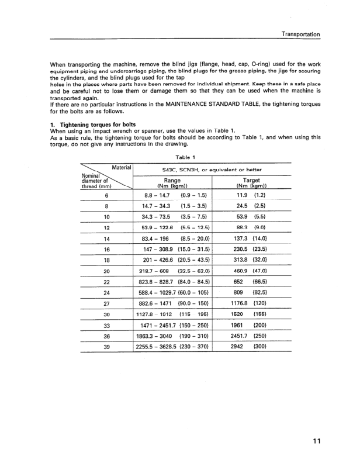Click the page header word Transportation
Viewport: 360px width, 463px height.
[x=300, y=34]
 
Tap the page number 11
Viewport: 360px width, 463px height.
[x=316, y=440]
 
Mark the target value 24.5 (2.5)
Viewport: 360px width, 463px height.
[x=251, y=206]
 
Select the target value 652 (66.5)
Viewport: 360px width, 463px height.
[x=251, y=281]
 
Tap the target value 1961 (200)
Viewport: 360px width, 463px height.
[x=251, y=324]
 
